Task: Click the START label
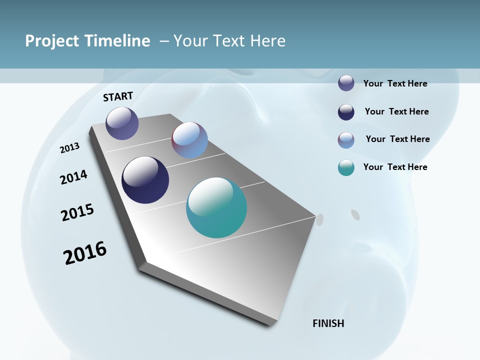pyautogui.click(x=118, y=96)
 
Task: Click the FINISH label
pyautogui.click(x=328, y=323)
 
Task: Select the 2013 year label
pyautogui.click(x=70, y=148)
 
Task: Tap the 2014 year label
pyautogui.click(x=74, y=177)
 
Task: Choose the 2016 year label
pyautogui.click(x=85, y=253)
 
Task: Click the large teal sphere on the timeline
pyautogui.click(x=216, y=207)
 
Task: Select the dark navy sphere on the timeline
pyautogui.click(x=145, y=180)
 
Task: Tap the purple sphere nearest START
pyautogui.click(x=122, y=123)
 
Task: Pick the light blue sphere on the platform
pyautogui.click(x=189, y=140)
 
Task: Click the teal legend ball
pyautogui.click(x=346, y=167)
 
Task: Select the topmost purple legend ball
pyautogui.click(x=346, y=83)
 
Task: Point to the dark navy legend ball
pyautogui.click(x=346, y=112)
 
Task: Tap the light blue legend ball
pyautogui.click(x=346, y=140)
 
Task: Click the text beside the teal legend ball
pyautogui.click(x=395, y=167)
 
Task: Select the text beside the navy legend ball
pyautogui.click(x=396, y=111)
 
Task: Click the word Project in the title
pyautogui.click(x=52, y=41)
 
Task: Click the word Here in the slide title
pyautogui.click(x=267, y=41)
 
